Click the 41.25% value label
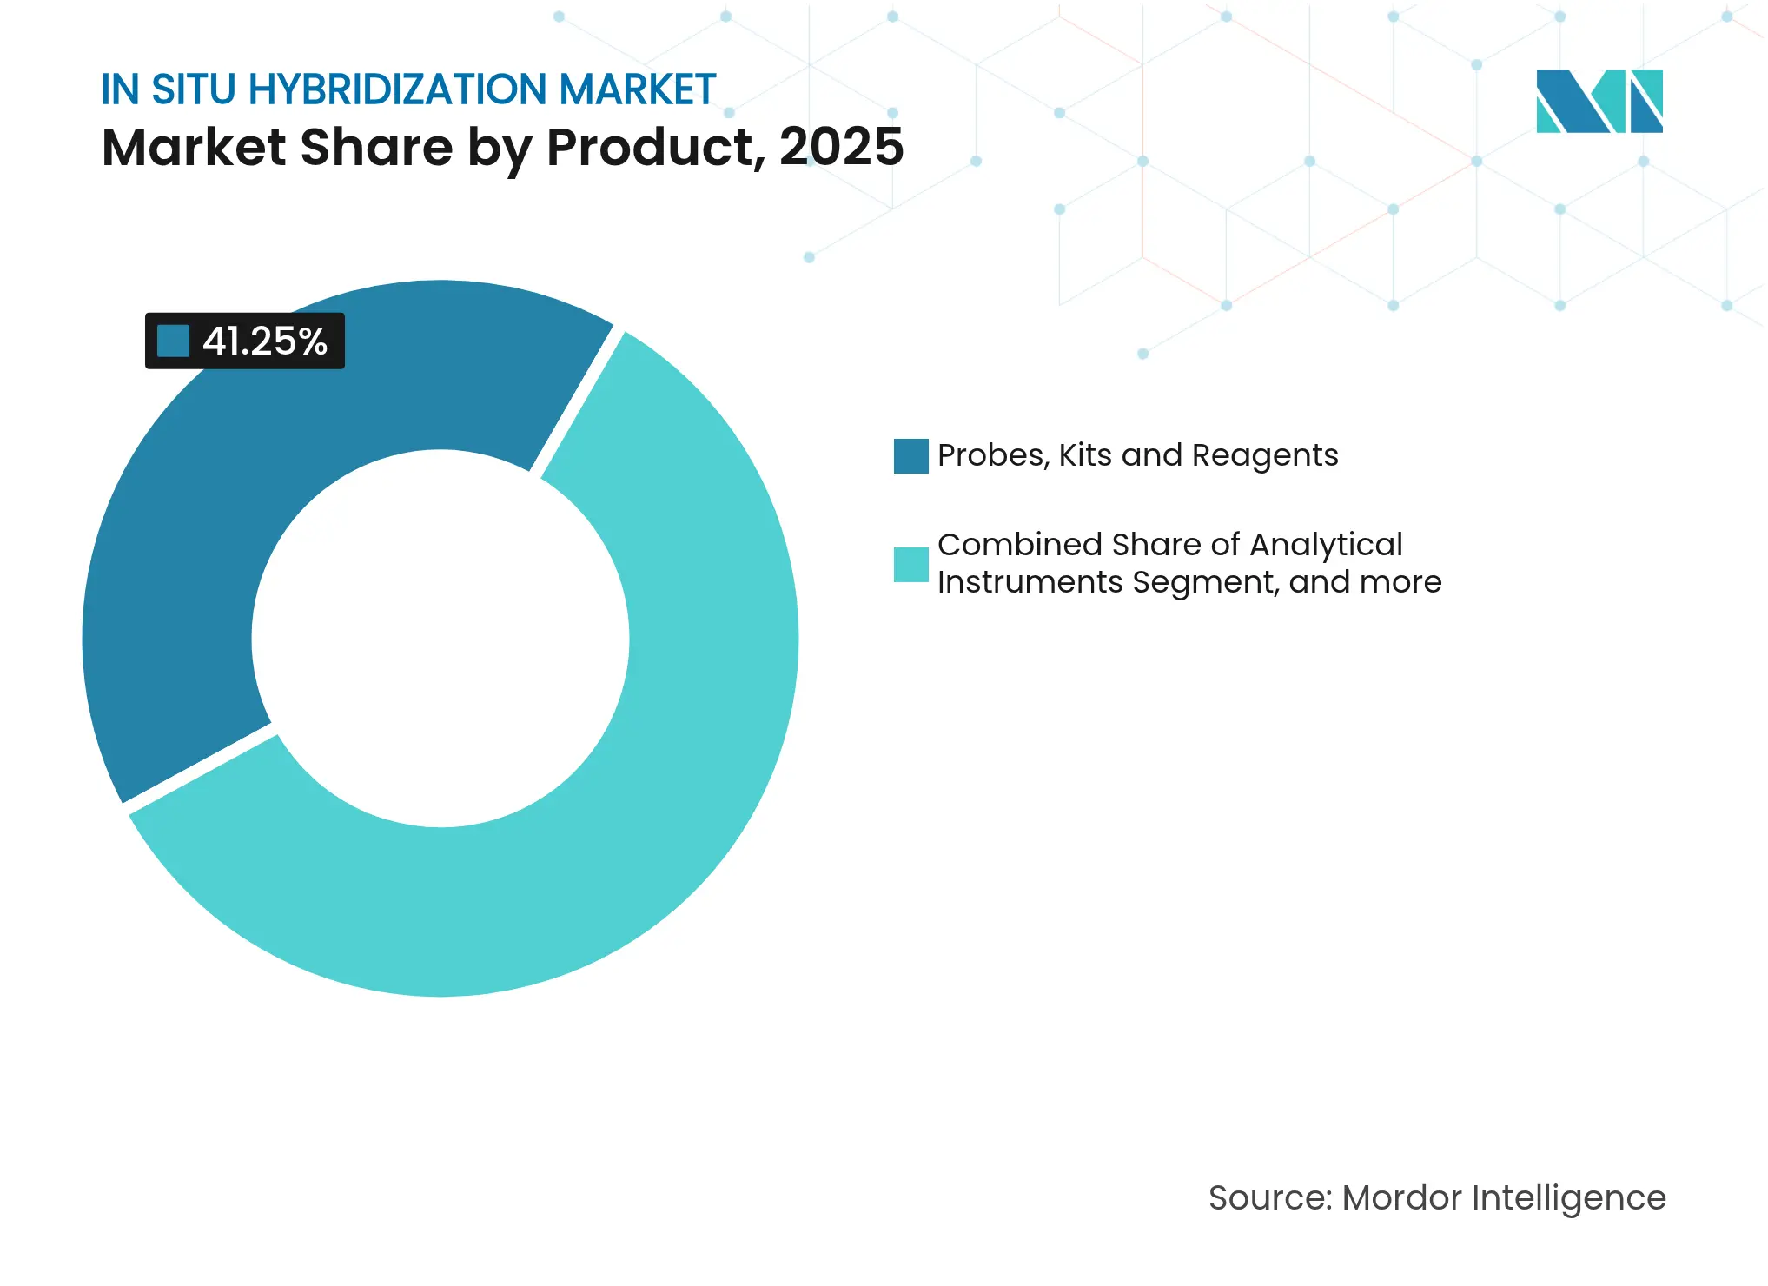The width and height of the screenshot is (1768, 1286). coord(264,341)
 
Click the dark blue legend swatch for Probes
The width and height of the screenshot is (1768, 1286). coord(910,456)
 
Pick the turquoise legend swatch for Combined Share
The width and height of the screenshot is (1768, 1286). coord(910,564)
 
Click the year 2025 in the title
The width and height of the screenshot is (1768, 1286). coord(841,147)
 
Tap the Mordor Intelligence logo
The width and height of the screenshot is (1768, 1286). coord(1599,101)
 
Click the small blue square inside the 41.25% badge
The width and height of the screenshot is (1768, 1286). coord(173,341)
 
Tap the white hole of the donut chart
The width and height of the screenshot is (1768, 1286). coord(440,639)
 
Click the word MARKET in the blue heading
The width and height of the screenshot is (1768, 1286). coord(637,89)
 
